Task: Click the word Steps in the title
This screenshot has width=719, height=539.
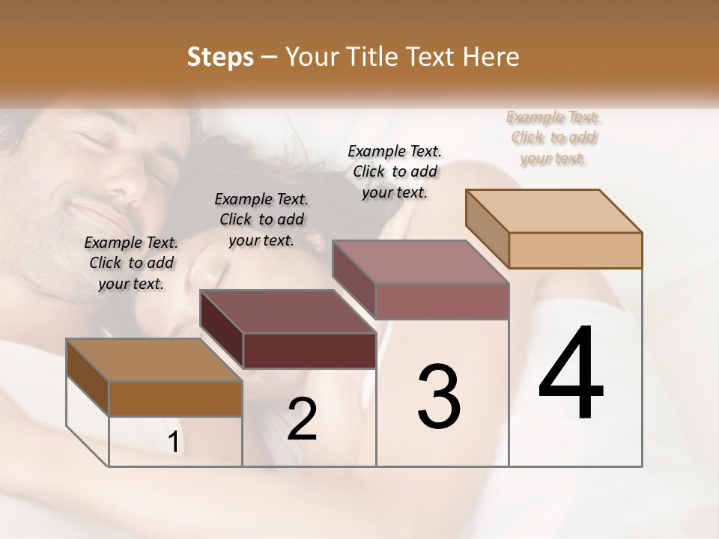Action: tap(220, 57)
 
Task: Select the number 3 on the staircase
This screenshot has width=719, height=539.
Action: tap(439, 396)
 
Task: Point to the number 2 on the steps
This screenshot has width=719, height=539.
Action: tap(302, 419)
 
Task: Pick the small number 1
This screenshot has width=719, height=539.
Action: tap(173, 442)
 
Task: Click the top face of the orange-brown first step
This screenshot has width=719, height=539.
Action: tap(154, 361)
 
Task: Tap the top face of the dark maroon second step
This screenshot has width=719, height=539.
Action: tap(287, 311)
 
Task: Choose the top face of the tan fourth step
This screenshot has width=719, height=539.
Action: tap(553, 211)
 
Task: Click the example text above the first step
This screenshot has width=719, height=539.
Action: tap(131, 263)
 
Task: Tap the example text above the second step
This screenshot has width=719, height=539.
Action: tap(261, 219)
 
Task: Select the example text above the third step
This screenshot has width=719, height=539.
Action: tap(395, 171)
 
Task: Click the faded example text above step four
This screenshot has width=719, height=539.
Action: tap(553, 137)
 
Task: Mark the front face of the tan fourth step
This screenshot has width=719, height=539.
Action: tap(575, 250)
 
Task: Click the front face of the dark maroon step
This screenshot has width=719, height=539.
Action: tap(309, 350)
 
